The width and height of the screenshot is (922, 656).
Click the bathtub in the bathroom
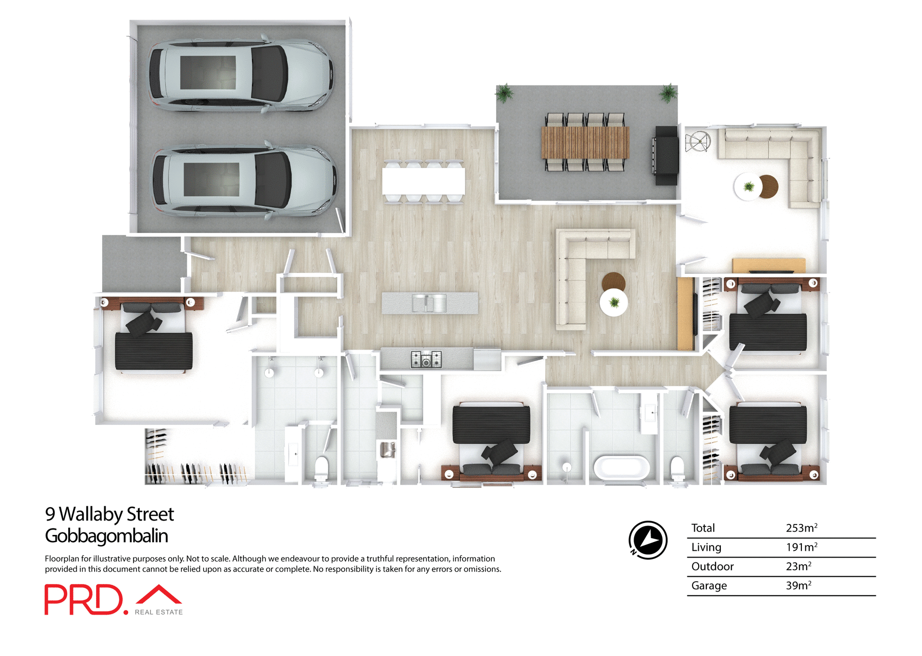click(x=622, y=468)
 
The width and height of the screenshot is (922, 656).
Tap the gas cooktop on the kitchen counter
click(x=426, y=359)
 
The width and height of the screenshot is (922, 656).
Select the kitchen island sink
click(x=429, y=304)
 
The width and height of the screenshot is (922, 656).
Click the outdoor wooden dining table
click(x=585, y=142)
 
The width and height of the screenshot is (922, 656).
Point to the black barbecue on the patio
click(x=666, y=156)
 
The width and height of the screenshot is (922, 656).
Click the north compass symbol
click(x=648, y=540)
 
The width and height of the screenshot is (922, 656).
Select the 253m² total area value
click(x=801, y=528)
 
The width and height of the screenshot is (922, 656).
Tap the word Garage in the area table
click(x=709, y=586)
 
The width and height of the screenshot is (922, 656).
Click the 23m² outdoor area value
click(x=798, y=567)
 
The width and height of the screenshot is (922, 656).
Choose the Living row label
click(x=706, y=547)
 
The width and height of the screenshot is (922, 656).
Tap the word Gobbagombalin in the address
click(x=106, y=536)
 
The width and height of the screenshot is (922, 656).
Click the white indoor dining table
click(x=424, y=181)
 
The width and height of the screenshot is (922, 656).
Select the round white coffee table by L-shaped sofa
click(x=614, y=303)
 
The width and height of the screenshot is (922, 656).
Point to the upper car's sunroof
click(x=208, y=73)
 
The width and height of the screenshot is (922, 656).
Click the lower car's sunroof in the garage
click(x=211, y=179)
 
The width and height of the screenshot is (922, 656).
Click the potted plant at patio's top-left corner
click(x=504, y=93)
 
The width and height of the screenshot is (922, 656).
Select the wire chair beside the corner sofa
click(x=698, y=141)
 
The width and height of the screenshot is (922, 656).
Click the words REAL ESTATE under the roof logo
click(x=158, y=612)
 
